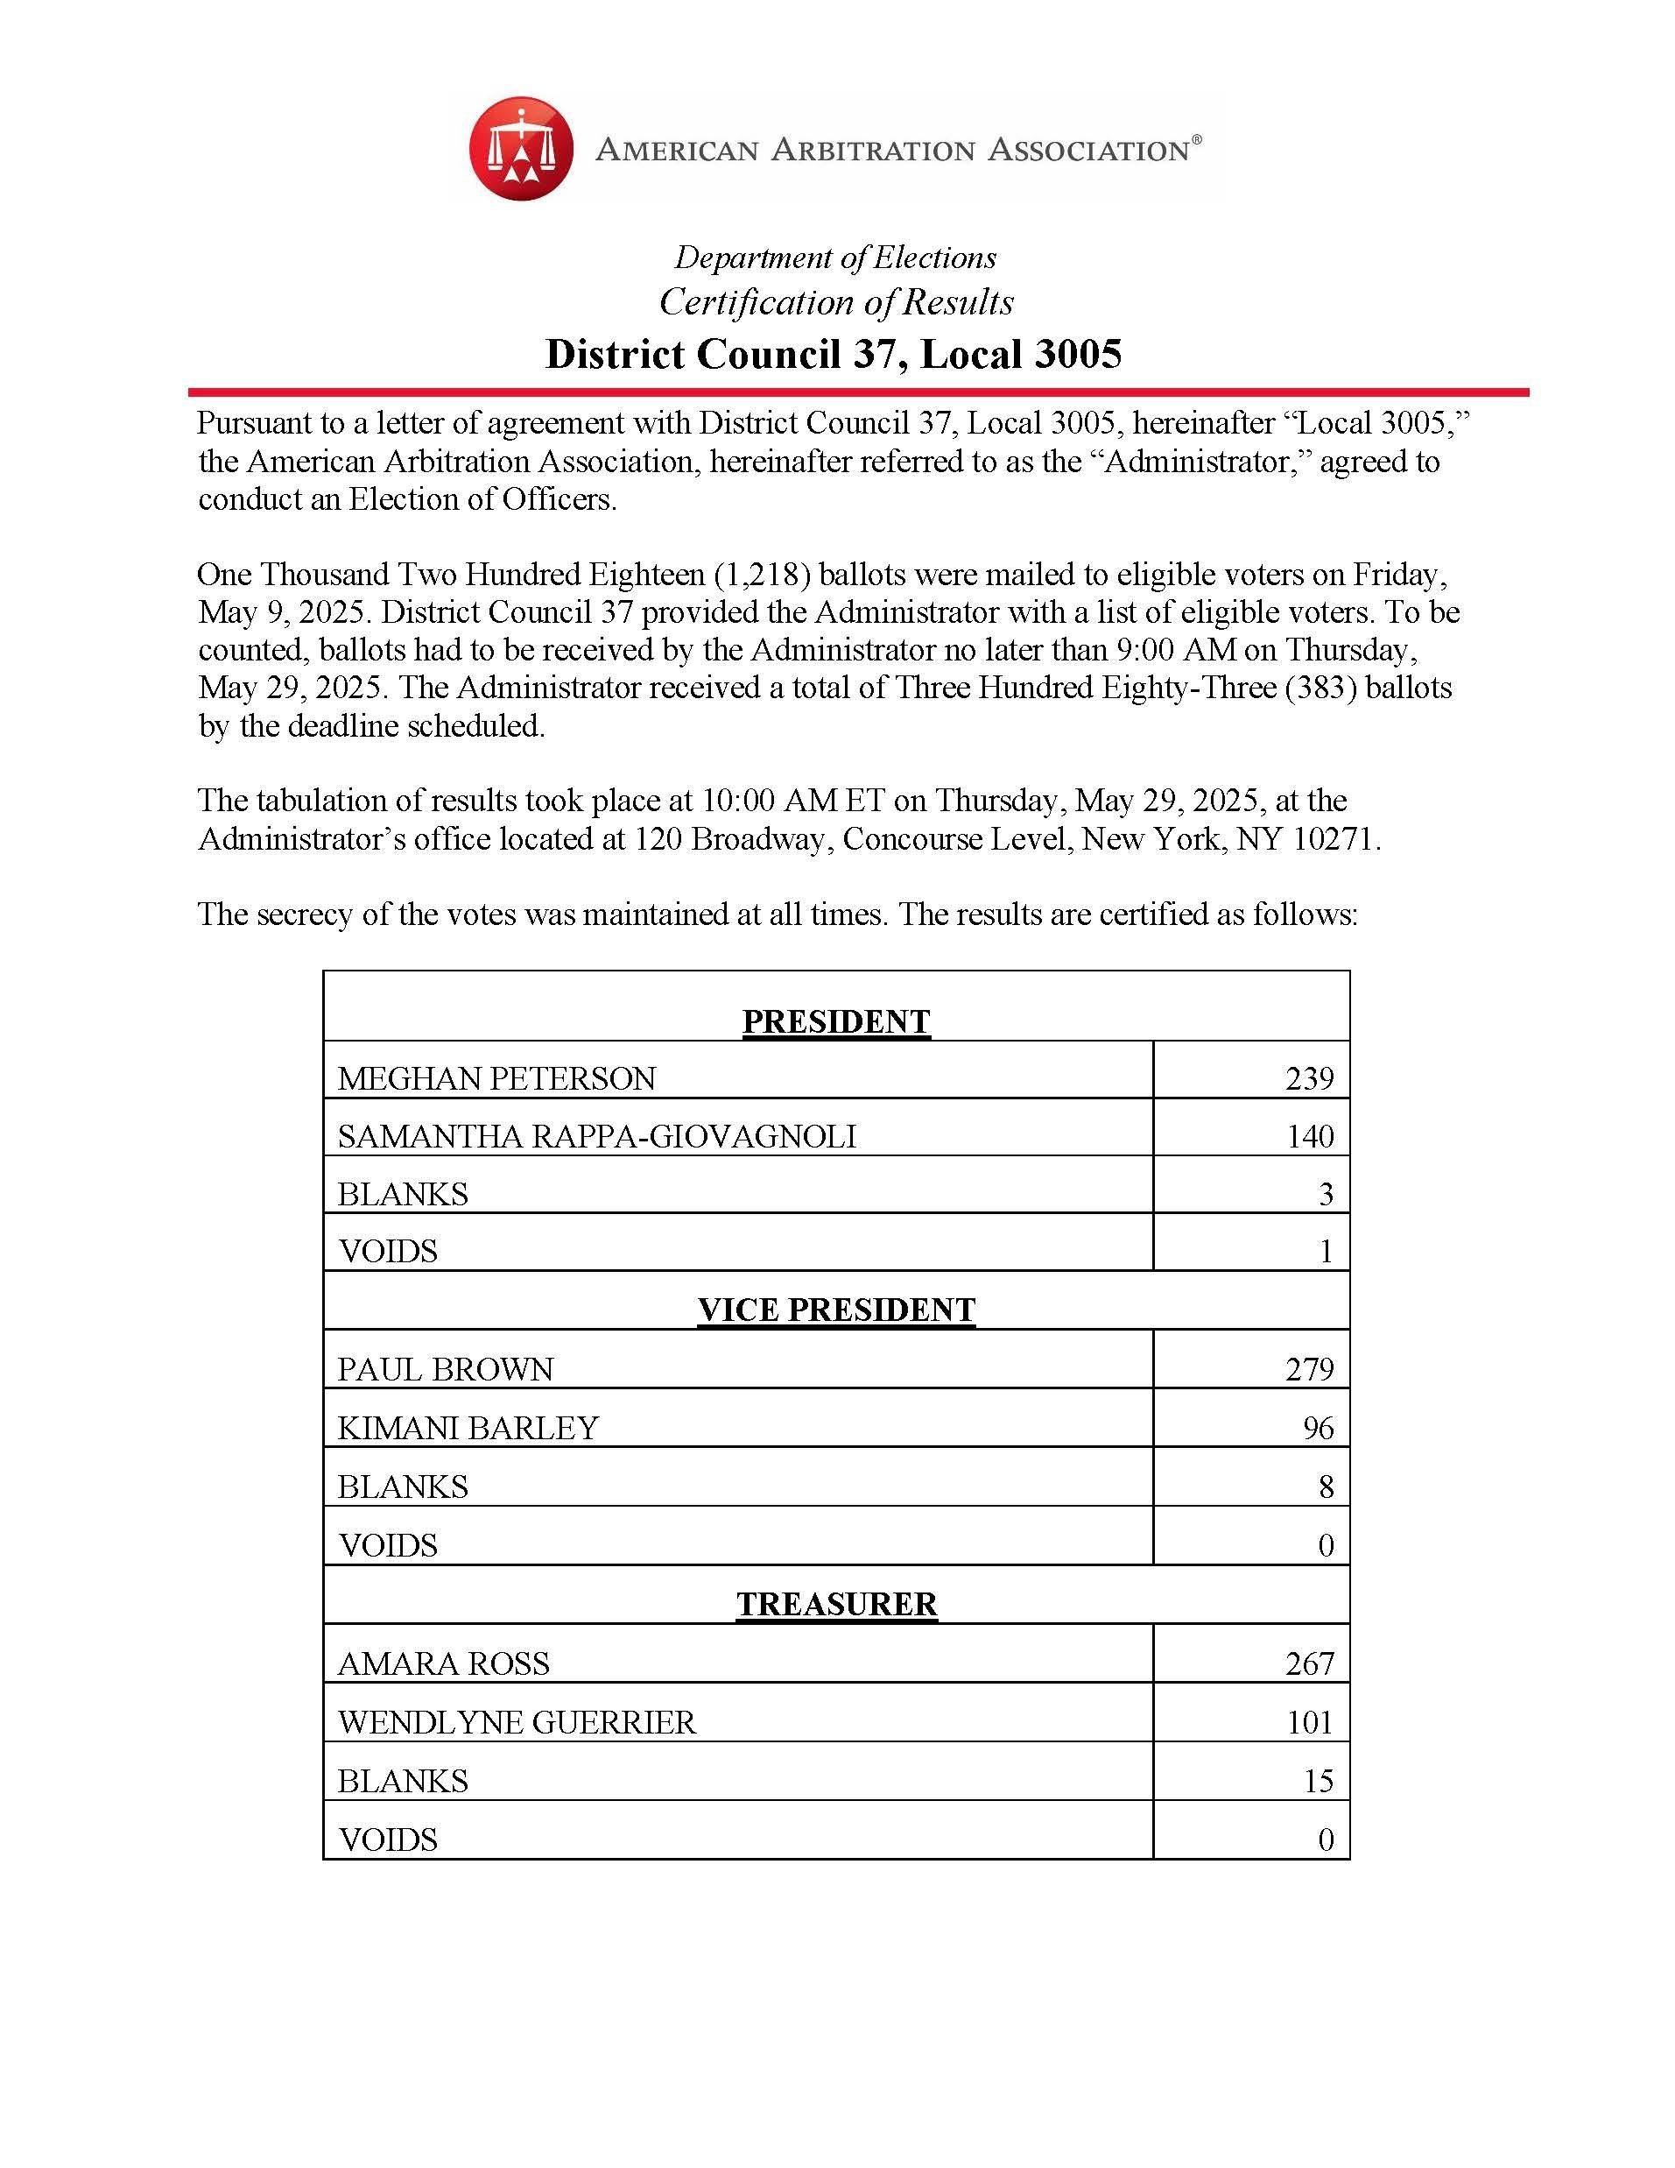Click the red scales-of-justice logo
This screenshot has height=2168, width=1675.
[x=521, y=149]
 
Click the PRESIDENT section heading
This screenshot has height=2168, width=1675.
[x=835, y=1021]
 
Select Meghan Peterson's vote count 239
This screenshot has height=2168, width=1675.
[x=1309, y=1078]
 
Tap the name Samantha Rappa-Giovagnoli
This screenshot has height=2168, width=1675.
[x=596, y=1135]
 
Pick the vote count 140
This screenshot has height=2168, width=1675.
[x=1310, y=1135]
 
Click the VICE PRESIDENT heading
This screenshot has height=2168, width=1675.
[x=835, y=1310]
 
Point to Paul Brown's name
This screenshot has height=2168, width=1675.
[x=446, y=1369]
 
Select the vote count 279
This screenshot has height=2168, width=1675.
[x=1309, y=1369]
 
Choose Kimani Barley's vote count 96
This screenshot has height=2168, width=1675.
[x=1318, y=1428]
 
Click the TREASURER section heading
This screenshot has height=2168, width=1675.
[x=835, y=1603]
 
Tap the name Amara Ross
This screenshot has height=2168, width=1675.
[x=444, y=1663]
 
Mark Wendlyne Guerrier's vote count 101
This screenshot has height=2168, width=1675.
[x=1310, y=1721]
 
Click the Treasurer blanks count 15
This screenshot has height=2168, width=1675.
[x=1318, y=1780]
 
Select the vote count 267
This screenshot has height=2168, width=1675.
[x=1309, y=1663]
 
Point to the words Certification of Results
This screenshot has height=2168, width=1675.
[x=836, y=302]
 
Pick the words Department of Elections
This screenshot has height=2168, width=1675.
[x=835, y=258]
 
